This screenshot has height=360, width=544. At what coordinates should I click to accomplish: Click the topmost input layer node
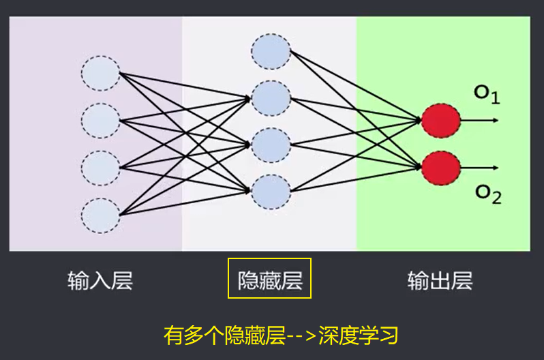point(100,74)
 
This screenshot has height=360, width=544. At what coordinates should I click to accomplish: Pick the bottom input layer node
point(100,215)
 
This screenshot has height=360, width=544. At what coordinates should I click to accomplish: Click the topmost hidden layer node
point(271,50)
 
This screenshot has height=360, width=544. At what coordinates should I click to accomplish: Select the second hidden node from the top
point(271,97)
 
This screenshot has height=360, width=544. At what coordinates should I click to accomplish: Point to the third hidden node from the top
point(271,145)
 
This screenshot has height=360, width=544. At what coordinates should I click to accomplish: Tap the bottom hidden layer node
point(271,191)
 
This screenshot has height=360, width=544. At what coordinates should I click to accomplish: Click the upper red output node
point(440,121)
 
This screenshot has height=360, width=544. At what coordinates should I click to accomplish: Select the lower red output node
point(440,167)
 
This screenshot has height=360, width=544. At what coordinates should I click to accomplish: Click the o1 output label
point(487,94)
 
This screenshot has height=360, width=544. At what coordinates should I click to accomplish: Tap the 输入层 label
point(100,281)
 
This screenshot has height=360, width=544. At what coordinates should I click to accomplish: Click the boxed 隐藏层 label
point(269,278)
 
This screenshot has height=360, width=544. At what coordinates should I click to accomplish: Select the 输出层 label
point(440,281)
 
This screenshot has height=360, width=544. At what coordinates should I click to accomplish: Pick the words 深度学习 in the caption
point(357,335)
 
